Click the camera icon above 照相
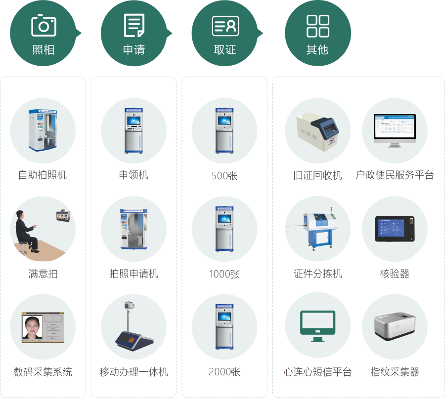(44, 25)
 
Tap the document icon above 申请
(134, 25)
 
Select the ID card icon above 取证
(225, 26)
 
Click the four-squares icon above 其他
(317, 26)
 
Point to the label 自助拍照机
(43, 175)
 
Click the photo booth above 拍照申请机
(134, 228)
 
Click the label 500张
(224, 176)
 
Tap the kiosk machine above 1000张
(224, 228)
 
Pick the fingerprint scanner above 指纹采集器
(395, 326)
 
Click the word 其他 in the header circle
(317, 50)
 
